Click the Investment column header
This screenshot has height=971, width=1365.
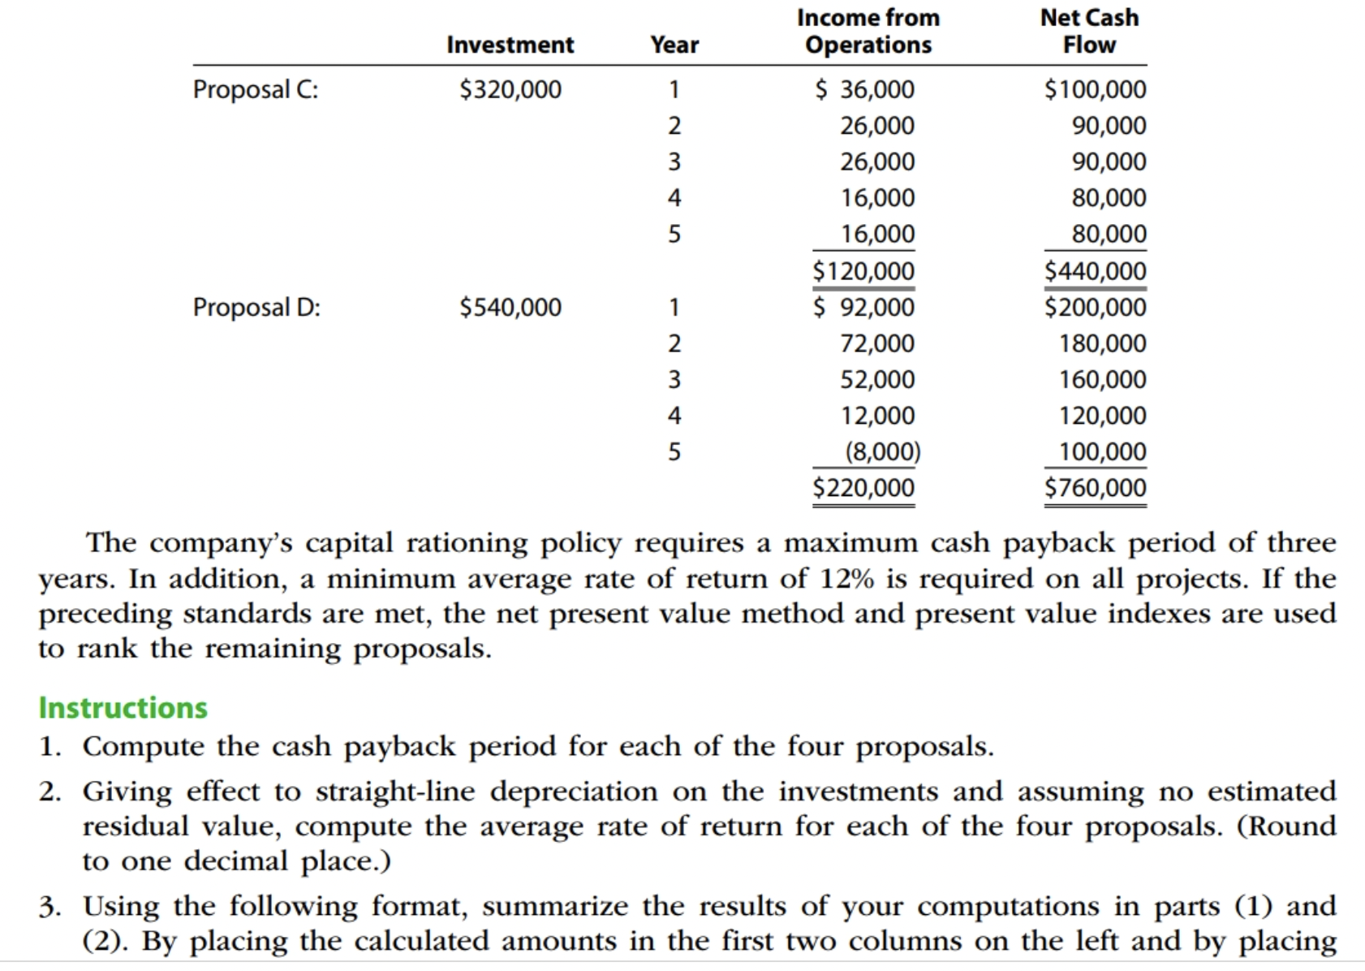510,45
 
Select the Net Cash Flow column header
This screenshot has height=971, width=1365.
1089,31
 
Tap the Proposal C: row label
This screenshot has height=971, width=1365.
256,89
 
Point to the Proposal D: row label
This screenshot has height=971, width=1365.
256,308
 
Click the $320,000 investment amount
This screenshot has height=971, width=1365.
510,89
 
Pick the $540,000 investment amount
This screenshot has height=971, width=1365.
510,308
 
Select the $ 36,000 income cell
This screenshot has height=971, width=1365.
864,89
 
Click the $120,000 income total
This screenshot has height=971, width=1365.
863,271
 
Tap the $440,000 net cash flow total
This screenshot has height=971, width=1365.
1095,271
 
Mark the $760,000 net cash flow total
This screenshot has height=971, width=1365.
1095,488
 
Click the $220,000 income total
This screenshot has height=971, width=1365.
863,488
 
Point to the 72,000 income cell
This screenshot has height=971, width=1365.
876,343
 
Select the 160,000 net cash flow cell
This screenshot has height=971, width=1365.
1102,380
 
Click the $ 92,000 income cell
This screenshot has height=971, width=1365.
864,308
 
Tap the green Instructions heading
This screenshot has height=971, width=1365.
123,708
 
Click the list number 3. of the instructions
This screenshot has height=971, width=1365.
50,907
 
